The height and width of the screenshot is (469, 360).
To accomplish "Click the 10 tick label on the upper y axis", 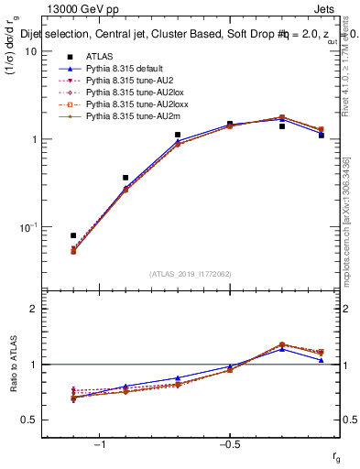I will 29,51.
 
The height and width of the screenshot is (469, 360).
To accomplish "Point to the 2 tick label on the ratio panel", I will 32,309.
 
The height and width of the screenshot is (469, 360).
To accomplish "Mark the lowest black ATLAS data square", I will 73,235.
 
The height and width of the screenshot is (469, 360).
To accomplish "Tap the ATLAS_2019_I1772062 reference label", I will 191,273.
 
